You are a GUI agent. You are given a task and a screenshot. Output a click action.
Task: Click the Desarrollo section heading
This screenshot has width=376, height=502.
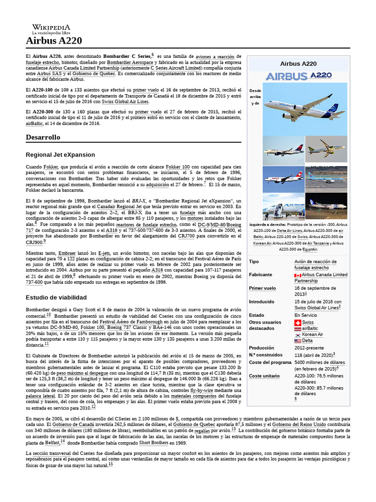[x=43, y=137]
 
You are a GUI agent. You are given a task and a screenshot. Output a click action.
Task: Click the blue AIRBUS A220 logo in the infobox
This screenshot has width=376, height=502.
[x=298, y=76]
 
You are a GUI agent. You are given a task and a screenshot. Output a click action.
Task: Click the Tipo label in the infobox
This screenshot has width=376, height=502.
[x=254, y=262]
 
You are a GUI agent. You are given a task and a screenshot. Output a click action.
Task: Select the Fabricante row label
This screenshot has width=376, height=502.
[x=260, y=275]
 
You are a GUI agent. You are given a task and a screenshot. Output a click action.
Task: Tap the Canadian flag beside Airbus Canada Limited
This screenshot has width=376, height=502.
[x=298, y=276]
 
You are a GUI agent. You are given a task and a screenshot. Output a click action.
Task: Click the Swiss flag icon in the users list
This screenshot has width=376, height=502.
[x=298, y=322]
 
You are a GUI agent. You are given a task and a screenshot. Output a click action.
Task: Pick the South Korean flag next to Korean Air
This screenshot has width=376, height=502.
[x=298, y=334]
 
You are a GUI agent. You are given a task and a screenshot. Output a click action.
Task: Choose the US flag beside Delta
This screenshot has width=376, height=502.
[x=298, y=341]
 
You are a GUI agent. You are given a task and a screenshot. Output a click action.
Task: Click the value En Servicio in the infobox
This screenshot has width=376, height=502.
[x=305, y=315]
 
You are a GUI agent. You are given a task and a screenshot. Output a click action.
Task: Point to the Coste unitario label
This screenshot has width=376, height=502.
[x=265, y=376]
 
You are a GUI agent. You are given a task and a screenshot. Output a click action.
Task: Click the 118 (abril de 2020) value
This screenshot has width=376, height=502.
[x=314, y=354]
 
